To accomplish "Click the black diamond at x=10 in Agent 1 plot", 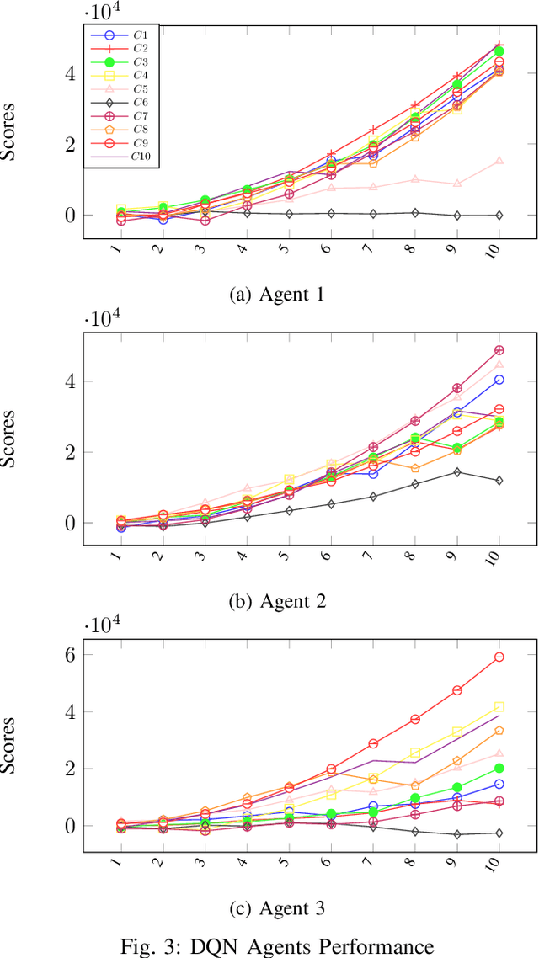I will pyautogui.click(x=499, y=216).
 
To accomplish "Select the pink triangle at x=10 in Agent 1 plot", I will pyautogui.click(x=499, y=160).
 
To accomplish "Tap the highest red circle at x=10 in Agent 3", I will pyautogui.click(x=499, y=657).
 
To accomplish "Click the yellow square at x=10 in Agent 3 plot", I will pyautogui.click(x=499, y=706).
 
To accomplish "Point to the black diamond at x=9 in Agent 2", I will pyautogui.click(x=457, y=472).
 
